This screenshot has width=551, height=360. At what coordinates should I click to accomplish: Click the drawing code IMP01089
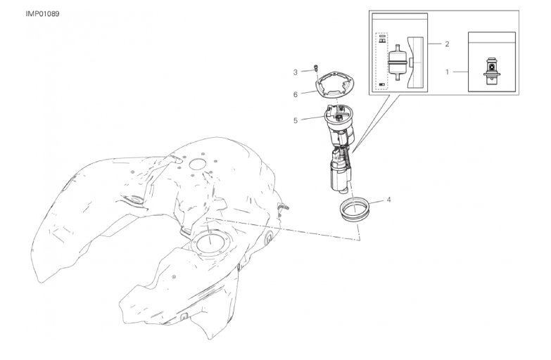[x=42, y=14]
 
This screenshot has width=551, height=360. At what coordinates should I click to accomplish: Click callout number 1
[x=447, y=72]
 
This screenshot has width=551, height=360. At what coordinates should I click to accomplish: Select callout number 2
[x=447, y=44]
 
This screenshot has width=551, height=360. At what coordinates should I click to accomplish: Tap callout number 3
[x=295, y=72]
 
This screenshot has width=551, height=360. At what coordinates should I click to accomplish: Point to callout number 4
[x=388, y=200]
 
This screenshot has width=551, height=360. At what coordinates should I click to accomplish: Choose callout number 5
[x=295, y=120]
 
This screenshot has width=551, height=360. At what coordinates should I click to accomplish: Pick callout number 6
[x=295, y=94]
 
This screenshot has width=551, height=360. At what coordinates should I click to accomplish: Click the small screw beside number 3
[x=315, y=67]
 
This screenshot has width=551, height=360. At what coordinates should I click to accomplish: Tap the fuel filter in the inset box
[x=398, y=63]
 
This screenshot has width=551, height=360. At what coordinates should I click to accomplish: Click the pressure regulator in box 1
[x=491, y=71]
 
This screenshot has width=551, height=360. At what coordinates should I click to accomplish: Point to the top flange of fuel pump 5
[x=338, y=116]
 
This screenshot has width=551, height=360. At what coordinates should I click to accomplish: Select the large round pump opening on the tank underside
[x=210, y=243]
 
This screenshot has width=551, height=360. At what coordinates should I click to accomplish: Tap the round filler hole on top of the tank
[x=197, y=164]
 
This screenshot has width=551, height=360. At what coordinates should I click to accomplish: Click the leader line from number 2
[x=434, y=44]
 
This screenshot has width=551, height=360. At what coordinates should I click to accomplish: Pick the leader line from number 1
[x=460, y=72]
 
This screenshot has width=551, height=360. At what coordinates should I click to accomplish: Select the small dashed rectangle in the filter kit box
[x=381, y=61]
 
